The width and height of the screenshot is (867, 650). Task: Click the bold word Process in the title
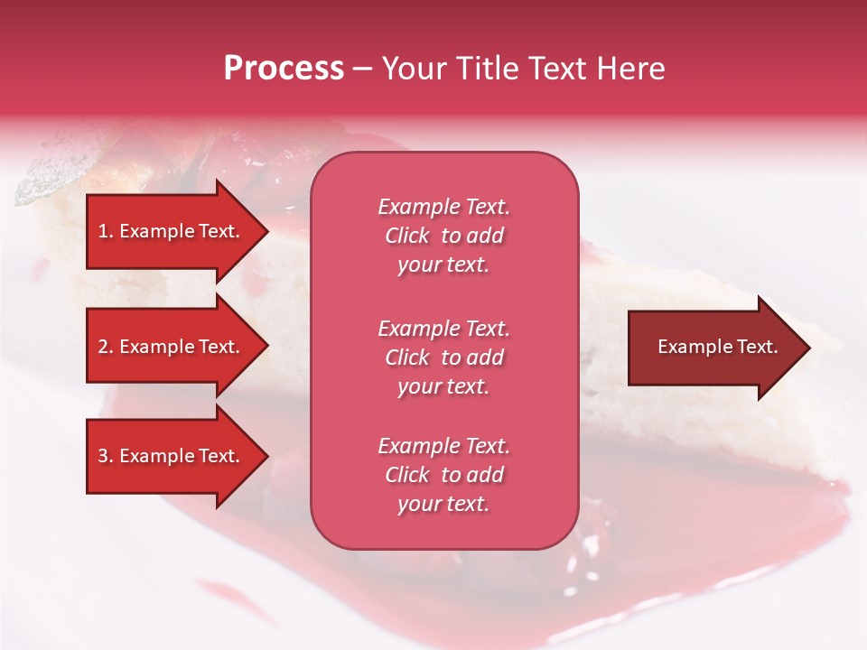(x=284, y=69)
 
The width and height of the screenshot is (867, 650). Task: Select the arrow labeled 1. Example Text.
(x=172, y=231)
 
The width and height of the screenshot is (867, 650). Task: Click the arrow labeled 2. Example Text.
(x=172, y=347)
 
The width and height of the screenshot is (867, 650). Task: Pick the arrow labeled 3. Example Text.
(x=172, y=456)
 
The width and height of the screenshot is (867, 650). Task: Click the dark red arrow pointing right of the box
(x=713, y=347)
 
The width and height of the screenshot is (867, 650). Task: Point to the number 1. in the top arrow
(x=106, y=231)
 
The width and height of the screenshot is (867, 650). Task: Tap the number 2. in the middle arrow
(x=106, y=347)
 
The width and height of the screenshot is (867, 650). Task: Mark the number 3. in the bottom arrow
(x=106, y=456)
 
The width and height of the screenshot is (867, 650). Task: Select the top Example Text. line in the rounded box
(x=443, y=207)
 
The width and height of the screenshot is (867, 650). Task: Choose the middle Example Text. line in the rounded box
(x=443, y=328)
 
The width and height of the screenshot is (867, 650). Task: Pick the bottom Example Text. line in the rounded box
(x=443, y=446)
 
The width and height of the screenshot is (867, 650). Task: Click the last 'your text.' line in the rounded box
(x=443, y=505)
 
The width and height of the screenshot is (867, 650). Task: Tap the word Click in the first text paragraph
(x=407, y=236)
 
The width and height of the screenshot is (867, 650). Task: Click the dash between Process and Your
(x=362, y=69)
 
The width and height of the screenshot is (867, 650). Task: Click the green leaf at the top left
(x=45, y=176)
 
